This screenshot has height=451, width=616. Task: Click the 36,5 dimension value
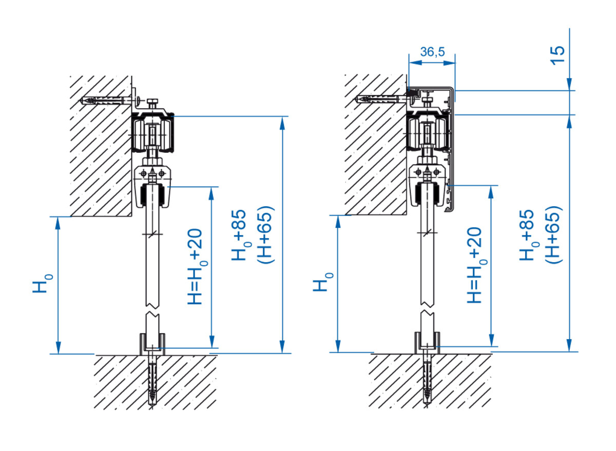(x=433, y=52)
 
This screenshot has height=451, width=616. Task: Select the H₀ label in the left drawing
(x=43, y=283)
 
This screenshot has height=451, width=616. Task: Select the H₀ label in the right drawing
(x=323, y=282)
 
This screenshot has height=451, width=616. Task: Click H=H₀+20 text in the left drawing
(x=198, y=267)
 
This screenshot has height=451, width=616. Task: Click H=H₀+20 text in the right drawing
(x=477, y=265)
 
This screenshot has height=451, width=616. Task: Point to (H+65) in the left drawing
(x=265, y=235)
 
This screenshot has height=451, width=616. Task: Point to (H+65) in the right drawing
(x=553, y=235)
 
